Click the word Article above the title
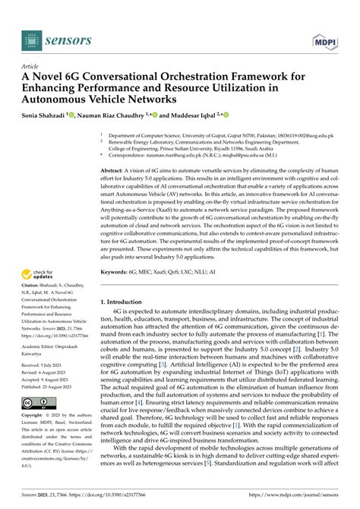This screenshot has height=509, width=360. pyautogui.click(x=32, y=66)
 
